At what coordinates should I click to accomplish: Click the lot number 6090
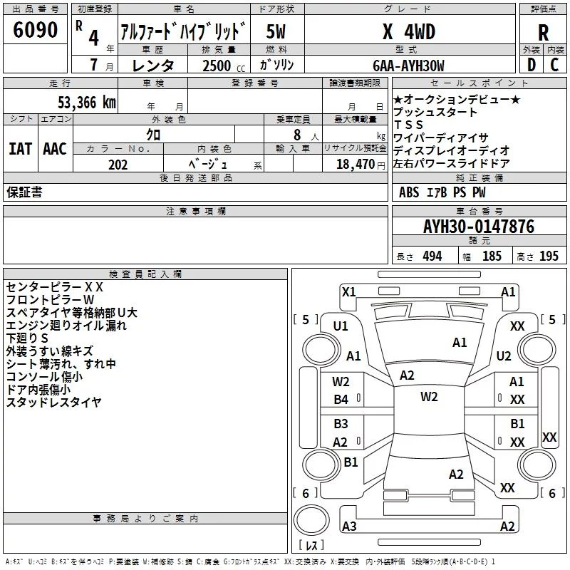35,29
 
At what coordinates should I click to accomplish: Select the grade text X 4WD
409,31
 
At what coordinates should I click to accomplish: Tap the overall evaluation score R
543,33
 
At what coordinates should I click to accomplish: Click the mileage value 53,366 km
87,102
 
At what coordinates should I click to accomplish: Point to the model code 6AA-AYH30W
408,66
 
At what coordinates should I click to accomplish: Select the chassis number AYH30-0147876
479,227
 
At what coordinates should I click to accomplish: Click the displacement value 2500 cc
224,66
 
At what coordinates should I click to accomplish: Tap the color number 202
118,165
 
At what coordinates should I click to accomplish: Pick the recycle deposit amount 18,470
355,165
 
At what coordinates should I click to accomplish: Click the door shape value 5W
276,31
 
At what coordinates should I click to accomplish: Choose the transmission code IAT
20,149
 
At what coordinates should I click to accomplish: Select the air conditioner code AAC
55,149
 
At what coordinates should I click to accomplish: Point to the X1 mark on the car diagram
349,292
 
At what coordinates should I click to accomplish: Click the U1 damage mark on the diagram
341,326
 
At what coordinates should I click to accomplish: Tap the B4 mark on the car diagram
341,400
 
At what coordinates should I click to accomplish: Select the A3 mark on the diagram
349,526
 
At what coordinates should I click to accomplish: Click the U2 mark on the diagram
504,356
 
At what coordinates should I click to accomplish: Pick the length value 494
432,256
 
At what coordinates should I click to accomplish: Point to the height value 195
549,256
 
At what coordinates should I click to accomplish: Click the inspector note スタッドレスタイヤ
54,402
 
